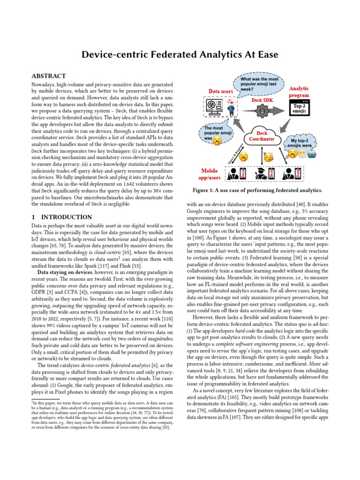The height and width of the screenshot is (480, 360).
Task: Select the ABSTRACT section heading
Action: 48,76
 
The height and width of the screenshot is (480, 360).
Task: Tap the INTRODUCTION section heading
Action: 61,217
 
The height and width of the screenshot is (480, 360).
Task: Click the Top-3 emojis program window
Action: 300,109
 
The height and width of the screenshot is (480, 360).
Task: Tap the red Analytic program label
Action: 299,91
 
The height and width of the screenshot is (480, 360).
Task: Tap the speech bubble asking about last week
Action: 259,84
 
